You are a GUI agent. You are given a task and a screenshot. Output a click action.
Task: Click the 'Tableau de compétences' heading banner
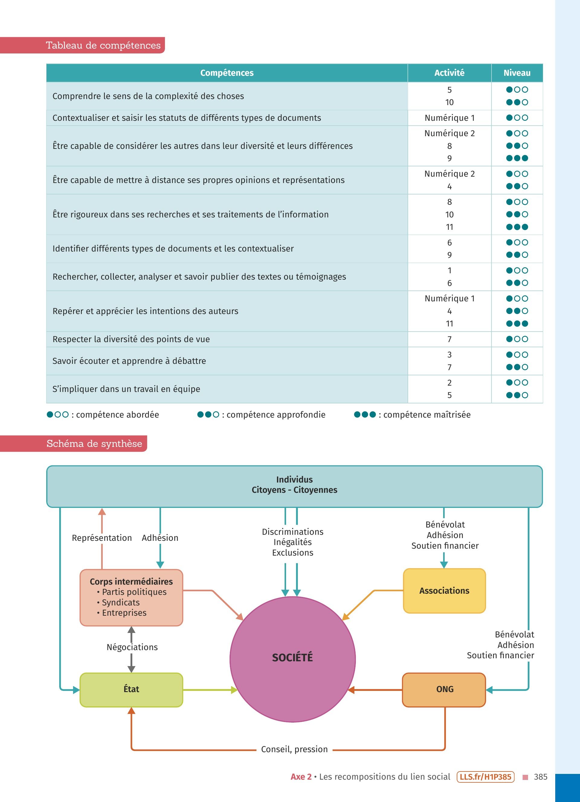pyautogui.click(x=103, y=45)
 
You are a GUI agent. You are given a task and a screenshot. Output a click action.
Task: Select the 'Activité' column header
pyautogui.click(x=449, y=73)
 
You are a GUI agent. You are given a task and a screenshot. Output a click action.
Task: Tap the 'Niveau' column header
pyautogui.click(x=517, y=73)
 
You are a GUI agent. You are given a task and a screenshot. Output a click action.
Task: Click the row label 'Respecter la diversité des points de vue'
pyautogui.click(x=131, y=339)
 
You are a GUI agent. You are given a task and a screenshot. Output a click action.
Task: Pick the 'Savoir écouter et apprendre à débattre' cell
pyautogui.click(x=129, y=361)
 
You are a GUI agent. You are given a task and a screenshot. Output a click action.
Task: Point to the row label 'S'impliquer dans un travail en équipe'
pyautogui.click(x=126, y=389)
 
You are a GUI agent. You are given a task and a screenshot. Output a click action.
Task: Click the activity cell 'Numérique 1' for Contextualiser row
pyautogui.click(x=449, y=118)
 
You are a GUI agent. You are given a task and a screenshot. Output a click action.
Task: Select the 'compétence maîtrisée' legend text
pyautogui.click(x=427, y=415)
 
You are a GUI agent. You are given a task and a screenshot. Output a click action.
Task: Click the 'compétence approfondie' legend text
pyautogui.click(x=275, y=415)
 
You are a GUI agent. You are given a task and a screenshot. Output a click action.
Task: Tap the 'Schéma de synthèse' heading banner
pyautogui.click(x=94, y=444)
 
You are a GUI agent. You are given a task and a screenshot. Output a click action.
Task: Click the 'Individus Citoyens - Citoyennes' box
pyautogui.click(x=294, y=485)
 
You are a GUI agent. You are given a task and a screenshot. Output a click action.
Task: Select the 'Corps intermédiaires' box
pyautogui.click(x=131, y=597)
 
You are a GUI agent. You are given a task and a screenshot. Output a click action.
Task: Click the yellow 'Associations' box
pyautogui.click(x=444, y=591)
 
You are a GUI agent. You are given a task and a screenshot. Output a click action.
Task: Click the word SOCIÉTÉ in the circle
pyautogui.click(x=292, y=657)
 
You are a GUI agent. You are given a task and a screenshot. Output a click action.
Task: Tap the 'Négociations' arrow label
pyautogui.click(x=132, y=647)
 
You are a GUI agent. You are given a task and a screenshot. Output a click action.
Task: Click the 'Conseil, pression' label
pyautogui.click(x=294, y=749)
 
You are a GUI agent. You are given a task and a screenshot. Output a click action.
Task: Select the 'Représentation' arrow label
pyautogui.click(x=102, y=538)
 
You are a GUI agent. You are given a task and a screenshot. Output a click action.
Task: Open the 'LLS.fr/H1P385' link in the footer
pyautogui.click(x=485, y=777)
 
